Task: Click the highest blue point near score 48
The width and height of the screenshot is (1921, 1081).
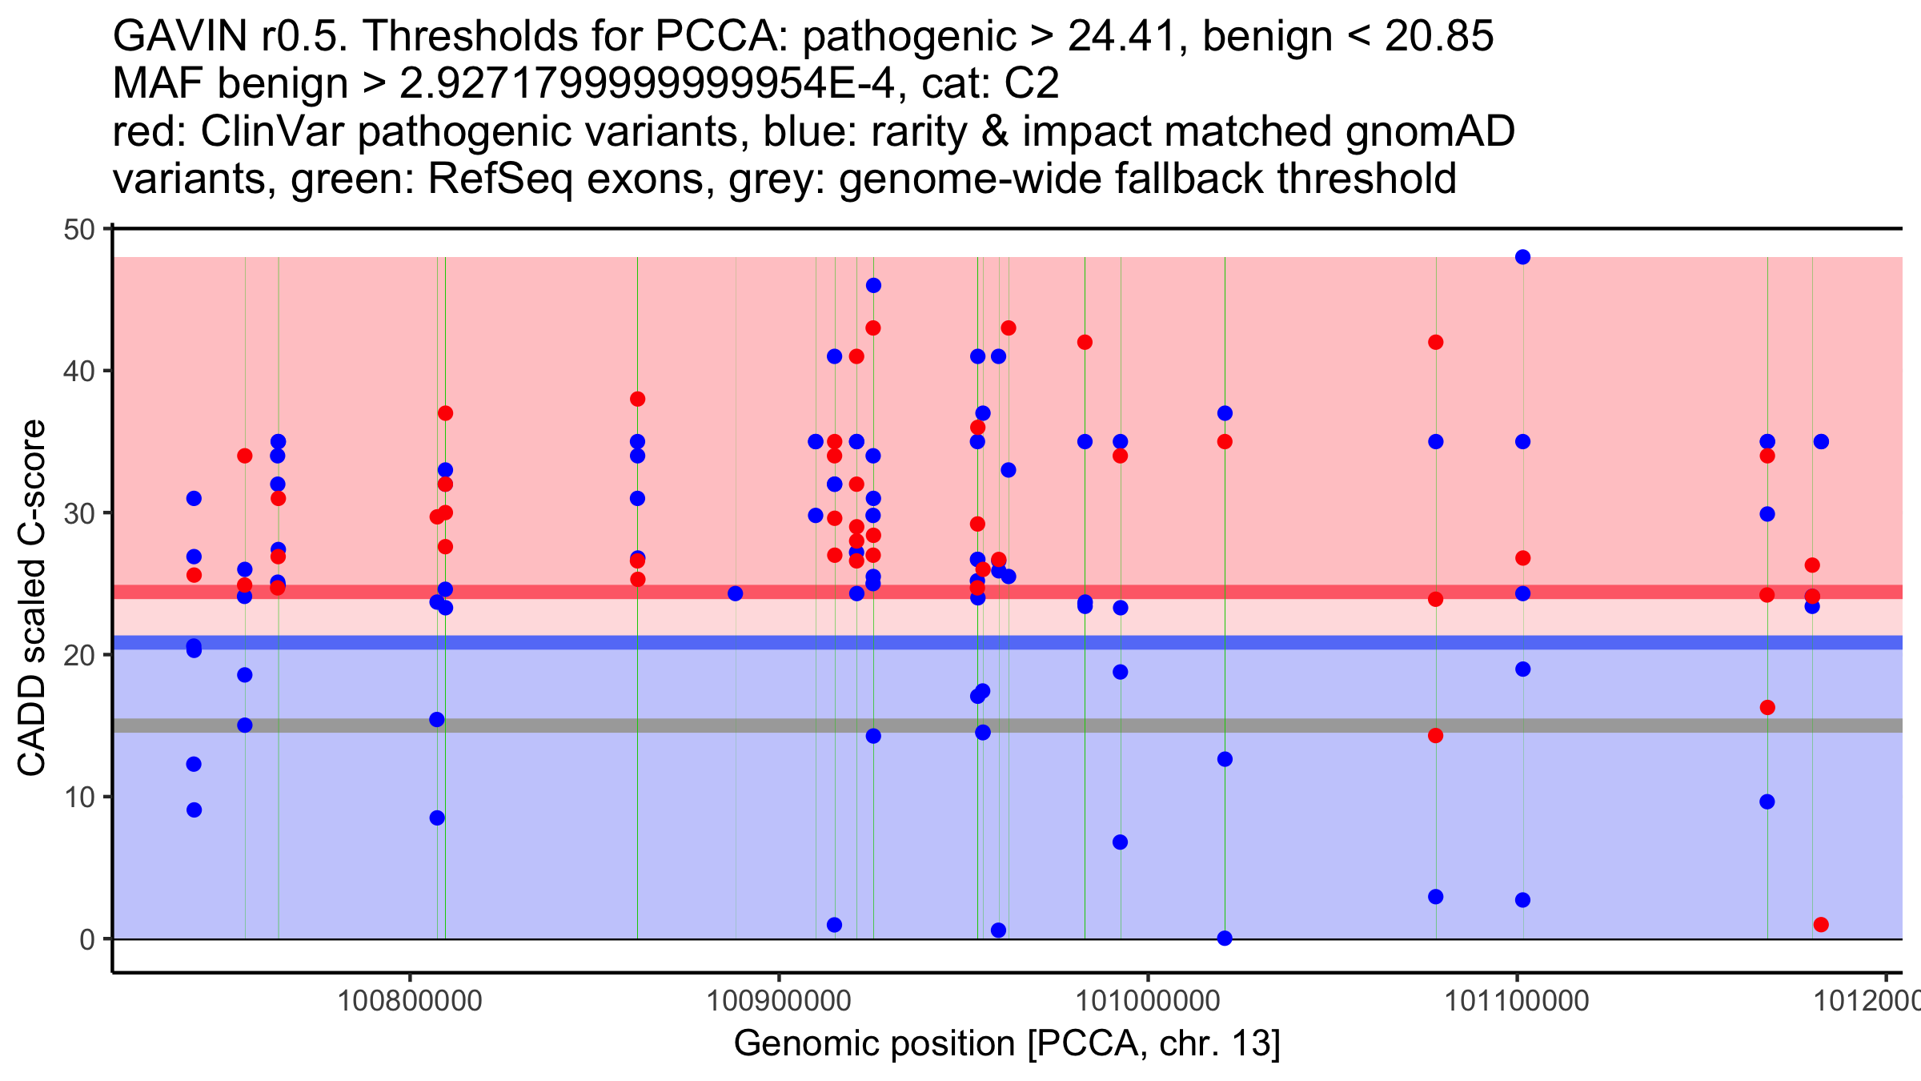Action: [1522, 257]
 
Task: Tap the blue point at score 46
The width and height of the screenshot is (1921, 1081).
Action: [873, 286]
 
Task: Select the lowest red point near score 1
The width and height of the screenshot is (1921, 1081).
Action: [1821, 925]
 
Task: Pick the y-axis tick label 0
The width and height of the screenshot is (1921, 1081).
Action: [86, 939]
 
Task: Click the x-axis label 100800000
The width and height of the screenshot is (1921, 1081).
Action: [410, 1001]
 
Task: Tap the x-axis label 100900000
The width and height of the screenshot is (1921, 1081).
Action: [779, 1001]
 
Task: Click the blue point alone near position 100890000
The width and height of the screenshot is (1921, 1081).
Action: [735, 593]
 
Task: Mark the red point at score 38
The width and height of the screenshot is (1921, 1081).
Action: [637, 399]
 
